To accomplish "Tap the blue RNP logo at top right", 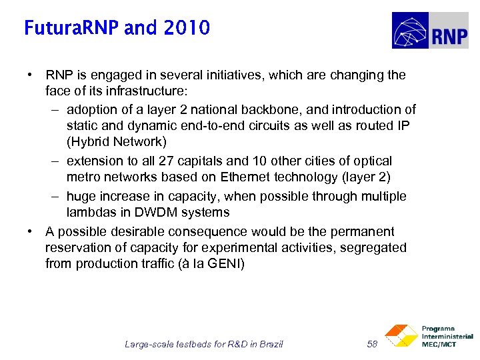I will [430, 31].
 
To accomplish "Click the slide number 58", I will [373, 344].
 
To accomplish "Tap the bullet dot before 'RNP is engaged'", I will [31, 75].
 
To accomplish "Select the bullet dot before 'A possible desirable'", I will [31, 231].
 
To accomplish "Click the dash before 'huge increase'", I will [53, 196].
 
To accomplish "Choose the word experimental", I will [231, 247].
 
